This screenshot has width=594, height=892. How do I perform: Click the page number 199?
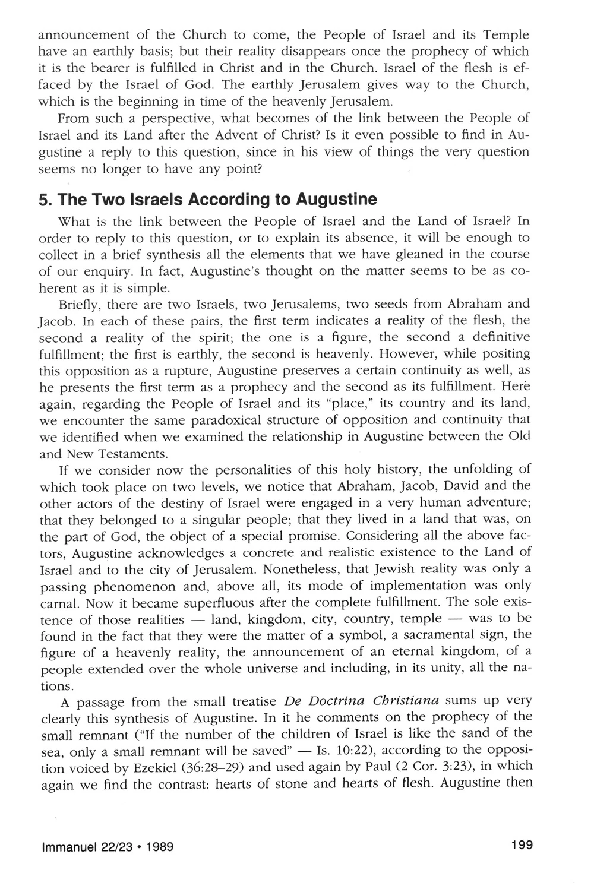click(x=521, y=844)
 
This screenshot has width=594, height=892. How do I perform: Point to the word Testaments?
click(x=134, y=454)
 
